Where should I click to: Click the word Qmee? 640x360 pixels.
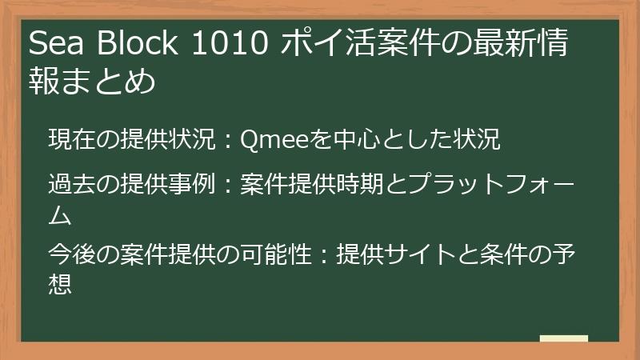coord(271,139)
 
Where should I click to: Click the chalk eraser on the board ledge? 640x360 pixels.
coord(563,338)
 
